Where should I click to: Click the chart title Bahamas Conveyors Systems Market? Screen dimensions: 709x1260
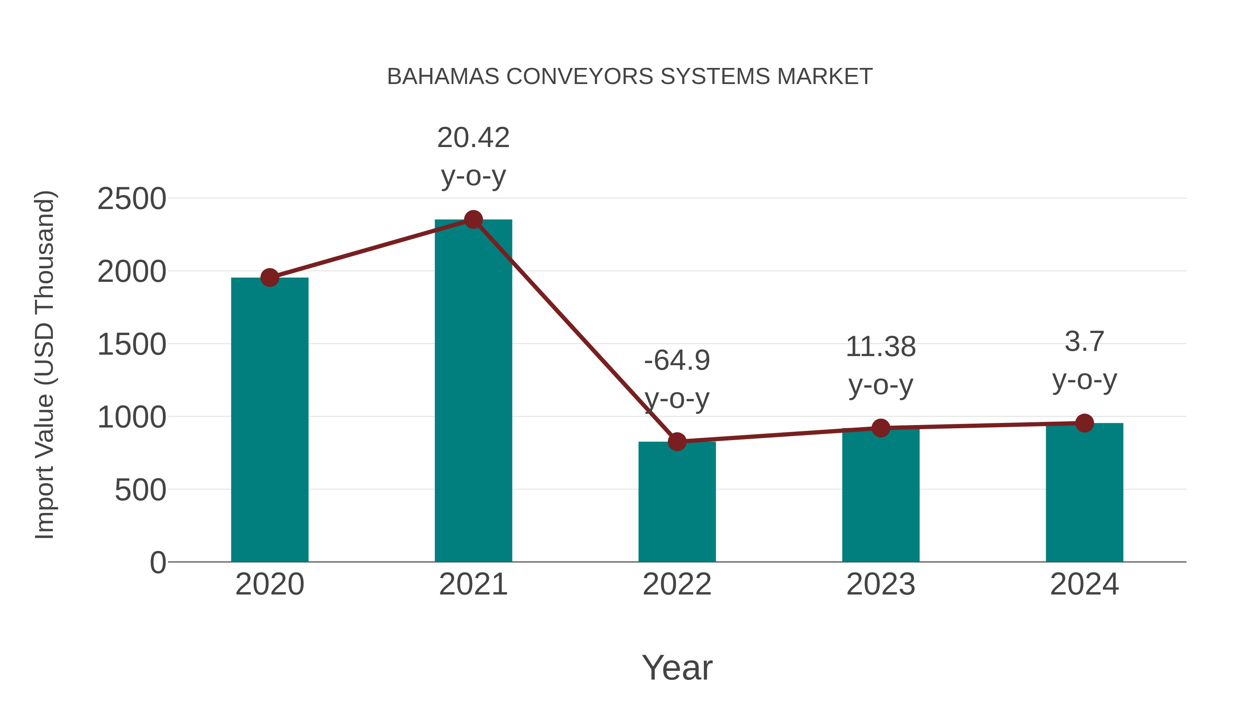coord(630,77)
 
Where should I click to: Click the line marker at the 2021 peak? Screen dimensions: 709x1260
coord(473,220)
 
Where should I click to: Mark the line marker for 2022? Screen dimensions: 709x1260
coord(677,442)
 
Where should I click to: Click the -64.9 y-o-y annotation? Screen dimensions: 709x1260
coord(677,379)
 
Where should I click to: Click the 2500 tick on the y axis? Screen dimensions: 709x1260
coord(132,199)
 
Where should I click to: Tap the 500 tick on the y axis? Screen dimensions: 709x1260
coord(140,490)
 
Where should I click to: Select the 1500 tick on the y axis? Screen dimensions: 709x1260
coord(132,345)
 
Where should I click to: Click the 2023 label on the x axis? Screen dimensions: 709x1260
coord(881,584)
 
